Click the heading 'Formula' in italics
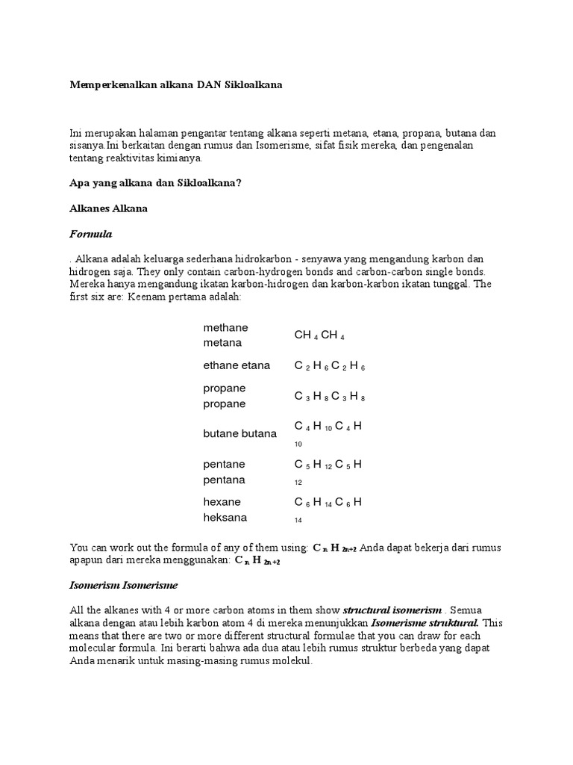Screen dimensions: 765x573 click(x=90, y=234)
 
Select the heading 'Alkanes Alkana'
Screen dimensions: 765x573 click(x=108, y=208)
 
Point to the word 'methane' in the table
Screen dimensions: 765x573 click(x=225, y=327)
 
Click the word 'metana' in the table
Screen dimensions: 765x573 click(x=222, y=343)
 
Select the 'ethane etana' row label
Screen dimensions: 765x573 click(x=237, y=365)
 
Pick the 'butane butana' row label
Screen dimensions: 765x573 click(x=239, y=433)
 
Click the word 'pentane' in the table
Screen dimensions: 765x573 click(x=224, y=464)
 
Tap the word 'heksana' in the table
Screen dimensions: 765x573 click(x=225, y=517)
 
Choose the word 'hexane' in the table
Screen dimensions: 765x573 click(x=222, y=501)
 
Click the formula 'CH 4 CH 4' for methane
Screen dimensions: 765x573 click(x=319, y=335)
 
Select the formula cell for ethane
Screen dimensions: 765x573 click(x=329, y=366)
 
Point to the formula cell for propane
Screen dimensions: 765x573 click(x=329, y=397)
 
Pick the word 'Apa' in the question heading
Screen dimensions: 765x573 click(x=78, y=183)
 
